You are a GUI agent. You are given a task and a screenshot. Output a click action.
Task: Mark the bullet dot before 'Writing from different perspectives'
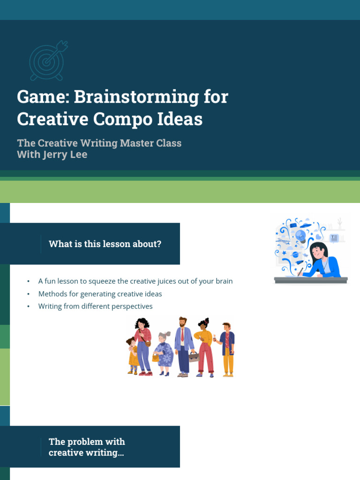(29, 307)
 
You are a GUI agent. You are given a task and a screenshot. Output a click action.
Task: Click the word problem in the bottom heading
(85, 442)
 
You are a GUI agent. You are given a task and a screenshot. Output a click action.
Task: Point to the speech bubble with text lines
(334, 238)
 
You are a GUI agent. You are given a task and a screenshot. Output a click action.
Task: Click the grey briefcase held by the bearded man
(194, 357)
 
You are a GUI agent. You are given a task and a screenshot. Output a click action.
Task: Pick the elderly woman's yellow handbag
(156, 357)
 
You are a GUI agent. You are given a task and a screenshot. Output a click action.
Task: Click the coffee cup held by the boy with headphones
(215, 339)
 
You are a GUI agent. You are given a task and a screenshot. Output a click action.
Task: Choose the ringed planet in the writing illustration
(295, 255)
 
